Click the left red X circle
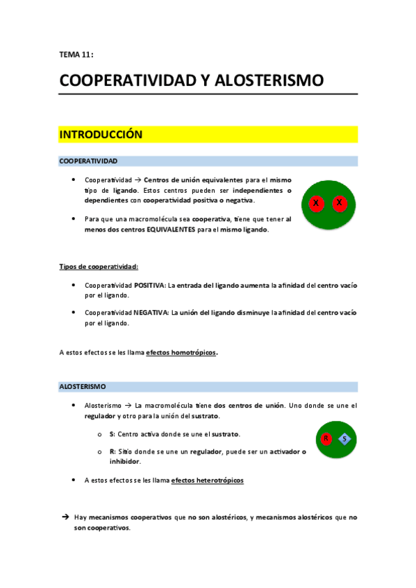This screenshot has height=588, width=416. coord(316,203)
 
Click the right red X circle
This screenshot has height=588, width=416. coord(339,203)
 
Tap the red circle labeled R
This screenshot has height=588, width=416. coord(326,438)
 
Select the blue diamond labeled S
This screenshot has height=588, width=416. coord(344,438)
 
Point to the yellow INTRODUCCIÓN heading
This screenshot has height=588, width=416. coord(101,135)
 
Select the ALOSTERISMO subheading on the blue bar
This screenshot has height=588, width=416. coord(83,386)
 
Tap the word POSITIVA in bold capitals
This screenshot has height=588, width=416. coord(149,285)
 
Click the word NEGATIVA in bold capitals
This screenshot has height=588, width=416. coord(151,313)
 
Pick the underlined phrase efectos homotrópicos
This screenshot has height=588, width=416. coord(181,352)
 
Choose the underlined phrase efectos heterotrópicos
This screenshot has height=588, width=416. coord(207,480)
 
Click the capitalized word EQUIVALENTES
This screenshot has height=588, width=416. coord(172,230)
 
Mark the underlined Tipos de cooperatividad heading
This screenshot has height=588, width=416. coord(99,266)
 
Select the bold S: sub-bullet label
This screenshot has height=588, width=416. coord(113,434)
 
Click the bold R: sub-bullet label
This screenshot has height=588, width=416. coord(113,451)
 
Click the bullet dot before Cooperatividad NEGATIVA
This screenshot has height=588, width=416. coord(74,313)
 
